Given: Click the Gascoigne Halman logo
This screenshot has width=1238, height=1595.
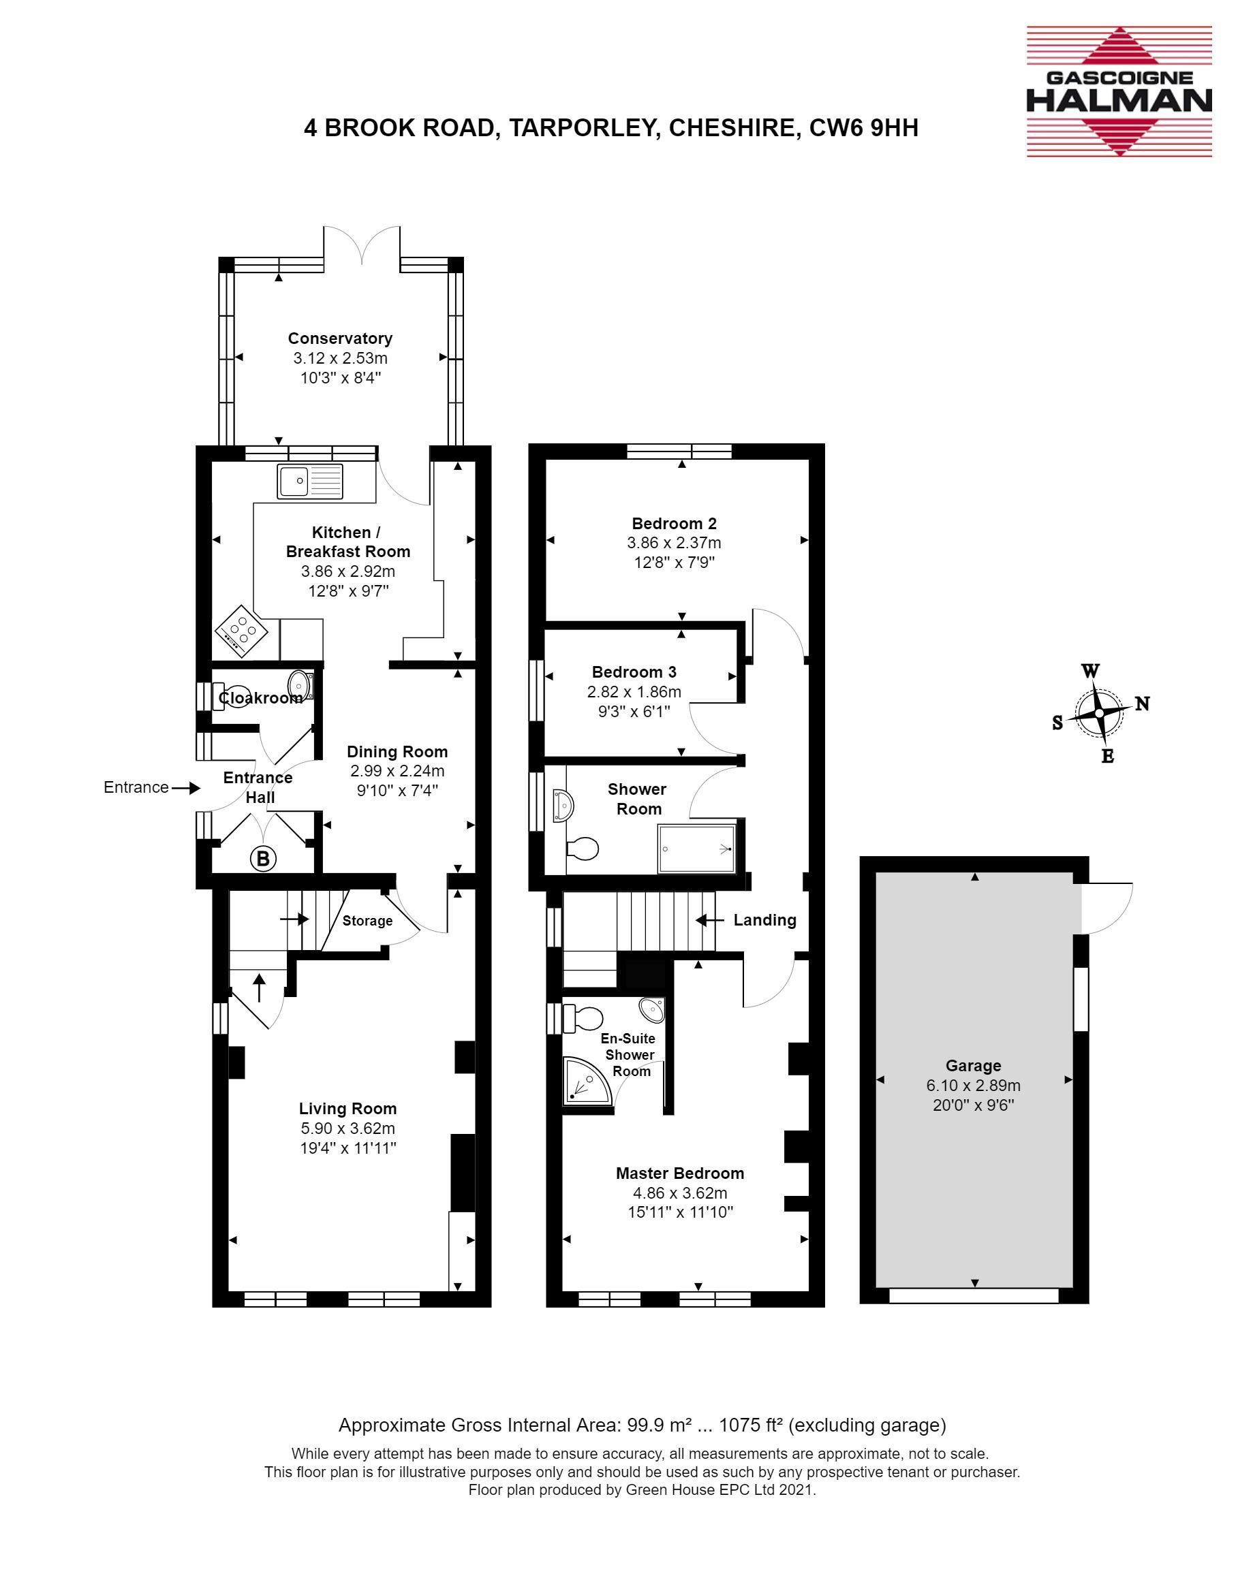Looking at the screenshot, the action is (x=1119, y=91).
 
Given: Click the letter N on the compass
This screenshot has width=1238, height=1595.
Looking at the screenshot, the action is (x=1142, y=704).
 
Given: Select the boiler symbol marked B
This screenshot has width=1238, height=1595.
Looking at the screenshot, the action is (x=263, y=859).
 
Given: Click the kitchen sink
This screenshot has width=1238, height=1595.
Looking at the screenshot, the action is (x=310, y=481).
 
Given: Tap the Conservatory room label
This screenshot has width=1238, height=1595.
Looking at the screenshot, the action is (x=340, y=338).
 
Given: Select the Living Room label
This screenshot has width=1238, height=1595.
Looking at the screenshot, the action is (x=348, y=1108).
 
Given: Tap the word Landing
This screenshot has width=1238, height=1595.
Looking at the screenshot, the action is (x=764, y=920).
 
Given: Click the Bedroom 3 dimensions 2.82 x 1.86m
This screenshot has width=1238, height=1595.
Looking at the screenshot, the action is (x=634, y=692).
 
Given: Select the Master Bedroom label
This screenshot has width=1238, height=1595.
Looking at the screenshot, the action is (x=680, y=1173).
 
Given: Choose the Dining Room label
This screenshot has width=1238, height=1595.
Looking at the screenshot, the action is (x=397, y=751).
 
